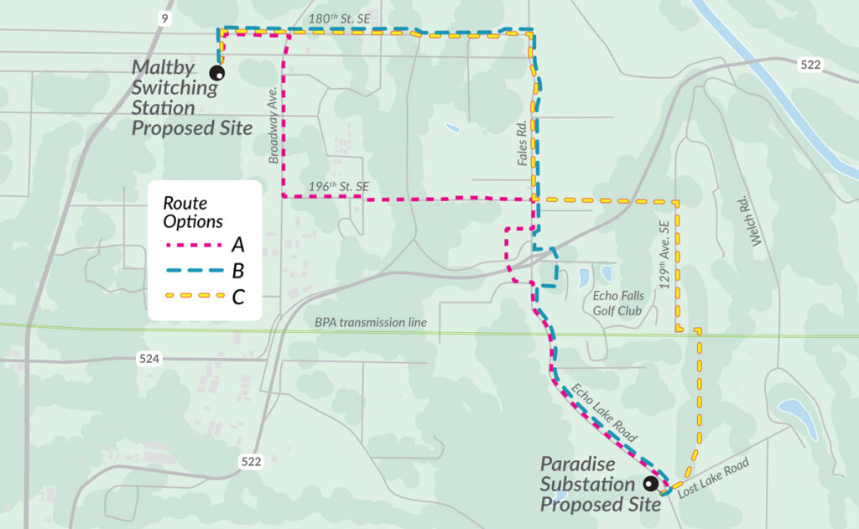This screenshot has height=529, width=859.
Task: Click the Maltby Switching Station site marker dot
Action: coord(216,73)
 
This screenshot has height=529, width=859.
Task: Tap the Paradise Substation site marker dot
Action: coord(649,484)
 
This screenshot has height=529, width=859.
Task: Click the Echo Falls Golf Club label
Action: coord(617,303)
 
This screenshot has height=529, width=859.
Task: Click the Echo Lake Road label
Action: coord(604,412)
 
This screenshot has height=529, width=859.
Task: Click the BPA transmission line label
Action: coord(371,322)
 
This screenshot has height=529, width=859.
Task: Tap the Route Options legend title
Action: coord(192,212)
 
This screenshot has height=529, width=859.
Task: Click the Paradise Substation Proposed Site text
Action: coord(587,484)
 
